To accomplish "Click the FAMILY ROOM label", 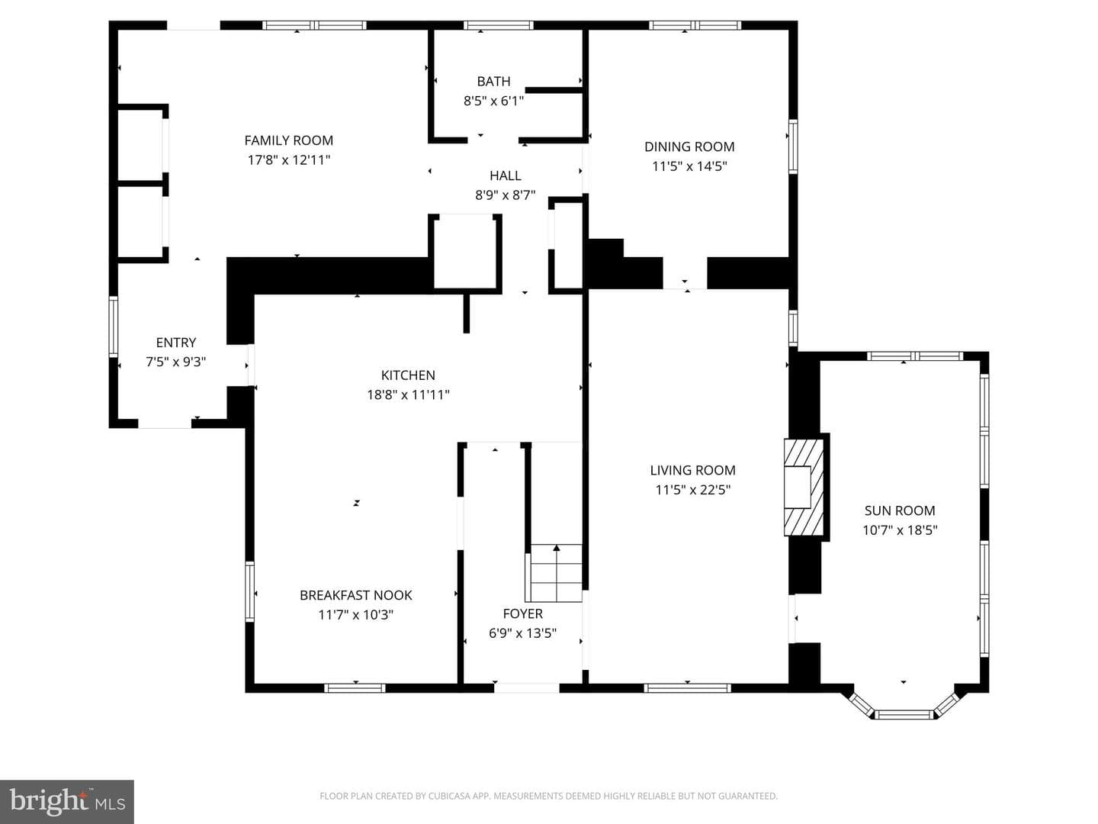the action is point(289,140).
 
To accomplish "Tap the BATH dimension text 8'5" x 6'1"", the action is point(494,101).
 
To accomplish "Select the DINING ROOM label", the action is point(689,146).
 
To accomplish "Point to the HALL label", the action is point(506,175).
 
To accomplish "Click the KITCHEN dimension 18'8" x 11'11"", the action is point(408,394).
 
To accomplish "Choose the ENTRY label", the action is point(176,343).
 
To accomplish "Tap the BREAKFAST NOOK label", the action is point(356,595).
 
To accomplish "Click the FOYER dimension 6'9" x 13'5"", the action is point(523,633).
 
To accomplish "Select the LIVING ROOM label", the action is point(693,470).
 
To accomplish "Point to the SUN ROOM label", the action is point(900,510).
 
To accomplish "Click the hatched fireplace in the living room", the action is point(804,488).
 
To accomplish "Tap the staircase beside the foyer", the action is point(554,573).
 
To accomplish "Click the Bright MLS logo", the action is point(67,801).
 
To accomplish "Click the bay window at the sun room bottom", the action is point(904,708).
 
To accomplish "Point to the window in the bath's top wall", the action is point(498,25).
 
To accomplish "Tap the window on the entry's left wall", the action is point(114,327).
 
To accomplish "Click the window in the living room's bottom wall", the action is point(687,688).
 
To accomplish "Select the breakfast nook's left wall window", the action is point(249,592).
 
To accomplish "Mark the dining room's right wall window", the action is point(793,146).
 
